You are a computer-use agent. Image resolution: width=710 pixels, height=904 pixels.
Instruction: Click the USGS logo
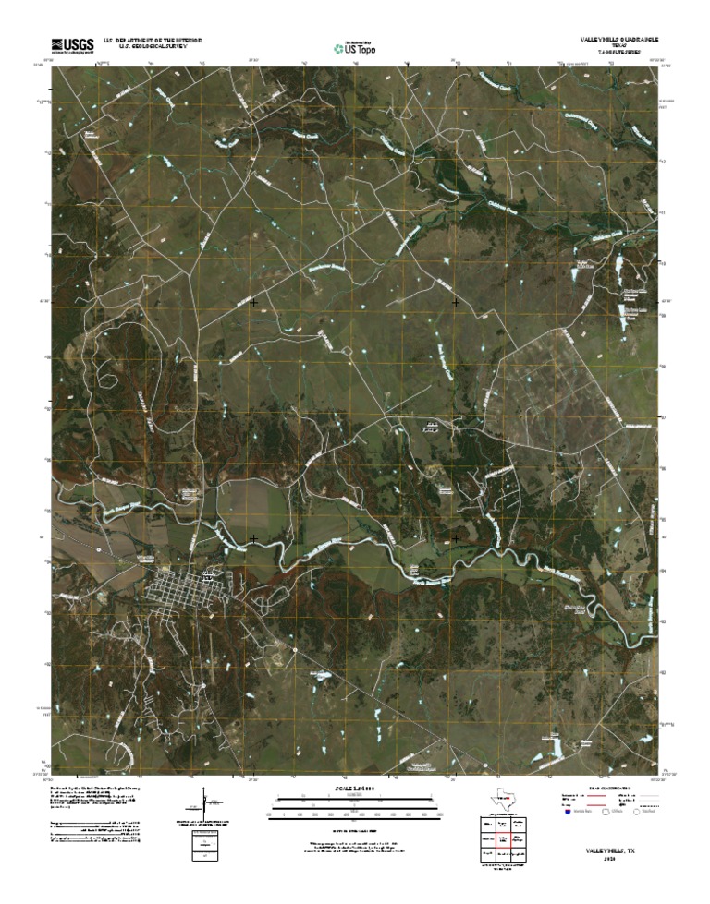tap(72, 43)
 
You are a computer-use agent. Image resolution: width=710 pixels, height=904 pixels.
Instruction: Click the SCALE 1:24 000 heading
tap(355, 788)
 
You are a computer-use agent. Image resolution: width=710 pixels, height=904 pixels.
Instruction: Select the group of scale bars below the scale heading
tap(355, 805)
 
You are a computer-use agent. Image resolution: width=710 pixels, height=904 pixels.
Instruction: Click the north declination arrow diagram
tap(205, 802)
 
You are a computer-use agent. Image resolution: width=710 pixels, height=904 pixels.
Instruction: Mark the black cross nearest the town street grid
tap(254, 538)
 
